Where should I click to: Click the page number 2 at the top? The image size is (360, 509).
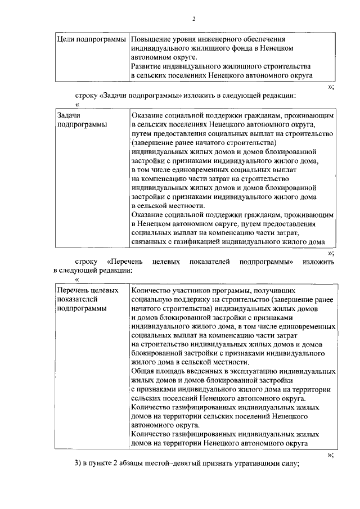[193, 19]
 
